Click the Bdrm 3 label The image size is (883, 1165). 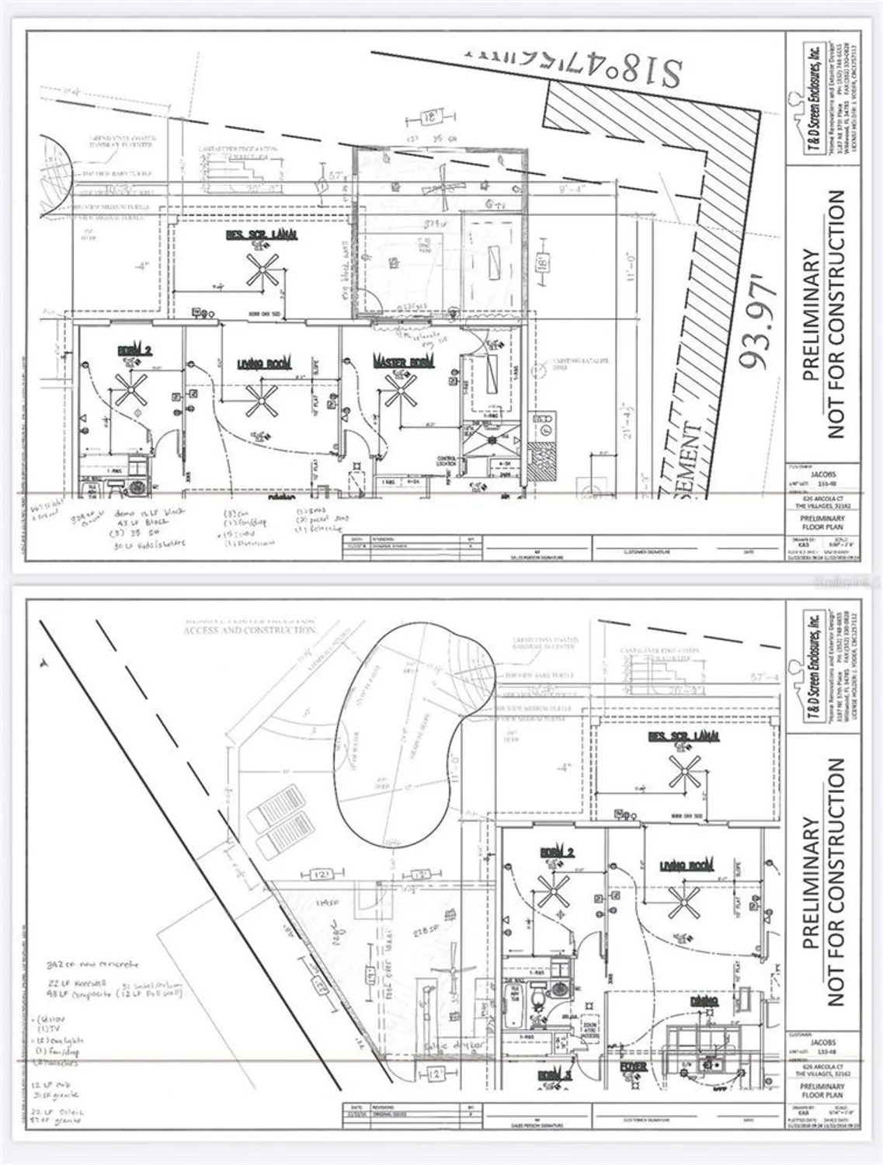(554, 1075)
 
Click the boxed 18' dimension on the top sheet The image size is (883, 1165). (427, 118)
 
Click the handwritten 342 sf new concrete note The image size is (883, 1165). (89, 964)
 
